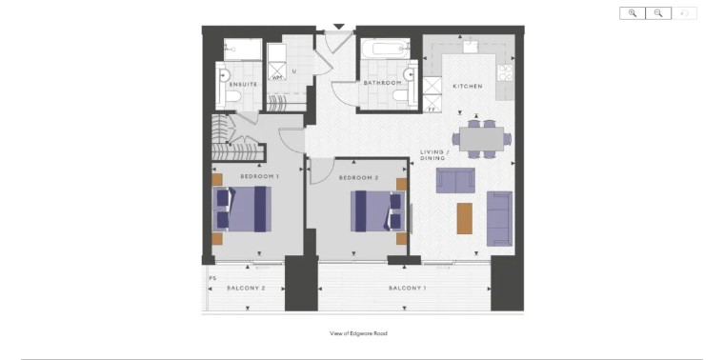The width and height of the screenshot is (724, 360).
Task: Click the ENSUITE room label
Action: [243, 85]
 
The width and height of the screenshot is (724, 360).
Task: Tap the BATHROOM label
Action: [382, 83]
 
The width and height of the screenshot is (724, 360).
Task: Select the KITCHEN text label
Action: [468, 87]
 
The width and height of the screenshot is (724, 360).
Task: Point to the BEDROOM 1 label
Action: [259, 176]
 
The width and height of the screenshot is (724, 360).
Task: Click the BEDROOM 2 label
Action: [358, 178]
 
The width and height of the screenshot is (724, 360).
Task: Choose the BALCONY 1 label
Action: [407, 289]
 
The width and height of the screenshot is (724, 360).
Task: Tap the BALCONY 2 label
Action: [246, 289]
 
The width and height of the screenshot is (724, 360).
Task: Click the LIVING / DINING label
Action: [432, 155]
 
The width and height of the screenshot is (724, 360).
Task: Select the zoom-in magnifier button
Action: [633, 13]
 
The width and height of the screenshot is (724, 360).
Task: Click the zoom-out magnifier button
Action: [658, 13]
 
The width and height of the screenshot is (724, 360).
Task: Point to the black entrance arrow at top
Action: [339, 27]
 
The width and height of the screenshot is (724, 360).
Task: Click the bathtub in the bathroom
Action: [385, 49]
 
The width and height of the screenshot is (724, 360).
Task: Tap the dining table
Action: [481, 139]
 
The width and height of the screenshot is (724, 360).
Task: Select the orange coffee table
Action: [465, 218]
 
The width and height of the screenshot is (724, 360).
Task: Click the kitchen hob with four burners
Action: [505, 72]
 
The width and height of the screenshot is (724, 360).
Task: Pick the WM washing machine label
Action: [276, 77]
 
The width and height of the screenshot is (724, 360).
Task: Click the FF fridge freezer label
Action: [432, 110]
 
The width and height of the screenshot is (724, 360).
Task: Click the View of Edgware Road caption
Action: [358, 333]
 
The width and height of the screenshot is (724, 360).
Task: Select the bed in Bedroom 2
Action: [378, 210]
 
